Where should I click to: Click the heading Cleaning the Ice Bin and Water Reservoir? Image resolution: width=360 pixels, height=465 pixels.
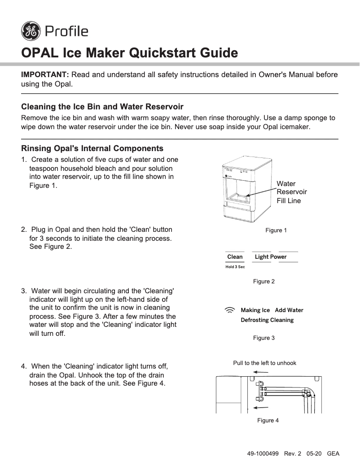(102, 107)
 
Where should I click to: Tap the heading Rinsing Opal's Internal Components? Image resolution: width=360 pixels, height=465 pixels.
(92, 148)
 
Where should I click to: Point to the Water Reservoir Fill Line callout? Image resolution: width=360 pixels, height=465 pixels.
(292, 192)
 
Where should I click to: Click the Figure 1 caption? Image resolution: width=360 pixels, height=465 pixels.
(276, 230)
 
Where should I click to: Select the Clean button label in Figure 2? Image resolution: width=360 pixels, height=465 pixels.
(235, 257)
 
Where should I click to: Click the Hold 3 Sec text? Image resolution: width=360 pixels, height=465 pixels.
(235, 267)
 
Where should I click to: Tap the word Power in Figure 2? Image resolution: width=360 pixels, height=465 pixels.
(278, 257)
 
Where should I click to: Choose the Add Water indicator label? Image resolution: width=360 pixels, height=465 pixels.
(289, 310)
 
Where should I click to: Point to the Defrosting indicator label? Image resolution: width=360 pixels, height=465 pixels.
(255, 320)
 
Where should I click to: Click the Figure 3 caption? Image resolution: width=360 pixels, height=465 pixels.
(264, 338)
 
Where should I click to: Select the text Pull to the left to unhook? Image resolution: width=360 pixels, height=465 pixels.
(264, 363)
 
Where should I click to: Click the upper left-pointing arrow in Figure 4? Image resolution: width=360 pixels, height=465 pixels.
(261, 372)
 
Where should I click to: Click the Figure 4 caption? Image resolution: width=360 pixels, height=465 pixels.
(268, 421)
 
